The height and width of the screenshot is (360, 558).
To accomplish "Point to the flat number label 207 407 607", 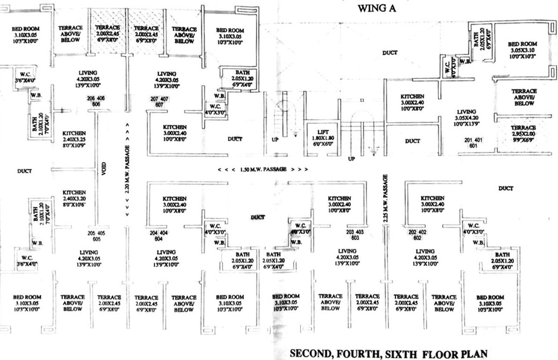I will [x=159, y=102].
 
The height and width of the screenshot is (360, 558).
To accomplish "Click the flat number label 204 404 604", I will [x=159, y=236].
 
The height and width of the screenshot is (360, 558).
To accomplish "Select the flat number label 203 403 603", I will [x=355, y=235].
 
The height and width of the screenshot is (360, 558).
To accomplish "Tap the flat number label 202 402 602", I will [x=418, y=235].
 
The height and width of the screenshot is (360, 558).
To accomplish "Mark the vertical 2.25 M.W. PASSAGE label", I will [x=385, y=198].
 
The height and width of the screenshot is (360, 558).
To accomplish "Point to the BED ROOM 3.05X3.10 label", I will [x=522, y=50].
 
